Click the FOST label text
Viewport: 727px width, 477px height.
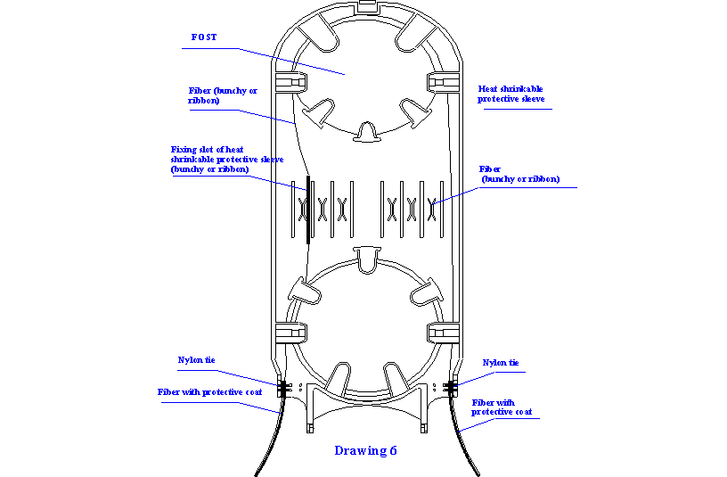coord(204,37)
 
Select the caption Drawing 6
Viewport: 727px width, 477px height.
coord(365,450)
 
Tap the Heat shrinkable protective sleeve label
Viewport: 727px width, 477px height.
coord(511,94)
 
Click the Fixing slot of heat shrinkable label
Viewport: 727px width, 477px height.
coord(227,159)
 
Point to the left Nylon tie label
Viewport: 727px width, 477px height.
coord(196,360)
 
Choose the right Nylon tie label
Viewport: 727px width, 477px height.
coord(501,363)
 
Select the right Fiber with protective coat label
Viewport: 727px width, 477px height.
coord(502,407)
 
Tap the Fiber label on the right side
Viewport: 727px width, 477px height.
coord(520,174)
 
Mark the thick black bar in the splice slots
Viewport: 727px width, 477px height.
coord(307,210)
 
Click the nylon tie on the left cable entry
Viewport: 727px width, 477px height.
coord(284,389)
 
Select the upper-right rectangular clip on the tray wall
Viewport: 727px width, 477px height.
coord(443,84)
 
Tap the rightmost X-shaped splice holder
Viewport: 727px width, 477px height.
coord(432,210)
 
